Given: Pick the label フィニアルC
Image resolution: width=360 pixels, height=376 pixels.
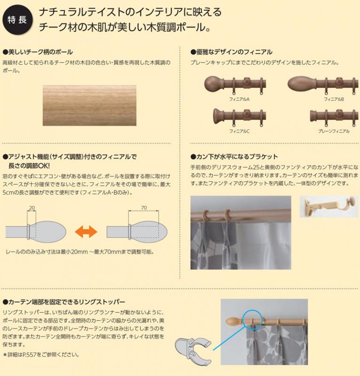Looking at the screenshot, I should (x=239, y=131).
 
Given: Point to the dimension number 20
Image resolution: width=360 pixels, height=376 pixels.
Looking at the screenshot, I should (x=32, y=207).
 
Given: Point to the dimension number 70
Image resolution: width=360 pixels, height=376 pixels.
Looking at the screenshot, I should (x=143, y=207).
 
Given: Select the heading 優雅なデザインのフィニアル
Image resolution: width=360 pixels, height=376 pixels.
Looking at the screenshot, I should (x=234, y=52).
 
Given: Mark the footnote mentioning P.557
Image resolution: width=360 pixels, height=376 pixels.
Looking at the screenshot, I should (x=41, y=354).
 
